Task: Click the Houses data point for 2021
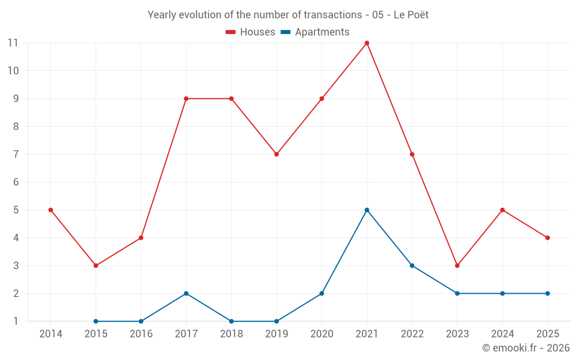(x=367, y=43)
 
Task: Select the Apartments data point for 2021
(x=367, y=210)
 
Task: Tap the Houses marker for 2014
(x=51, y=210)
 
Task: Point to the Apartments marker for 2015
(x=96, y=321)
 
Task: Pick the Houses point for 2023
(x=457, y=266)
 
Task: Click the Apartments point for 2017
(x=186, y=293)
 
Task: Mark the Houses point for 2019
(x=276, y=154)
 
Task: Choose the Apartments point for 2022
(x=412, y=266)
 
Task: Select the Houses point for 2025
(x=547, y=238)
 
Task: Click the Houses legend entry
(x=251, y=32)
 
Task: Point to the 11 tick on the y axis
(x=13, y=43)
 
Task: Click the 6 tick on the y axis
(x=16, y=182)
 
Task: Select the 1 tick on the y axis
(x=16, y=321)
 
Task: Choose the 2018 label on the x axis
(x=231, y=334)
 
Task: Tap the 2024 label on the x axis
(x=502, y=334)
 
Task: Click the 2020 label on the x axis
(x=321, y=334)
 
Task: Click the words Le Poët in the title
(x=411, y=15)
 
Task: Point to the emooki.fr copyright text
(x=525, y=348)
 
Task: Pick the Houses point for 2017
(x=186, y=98)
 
